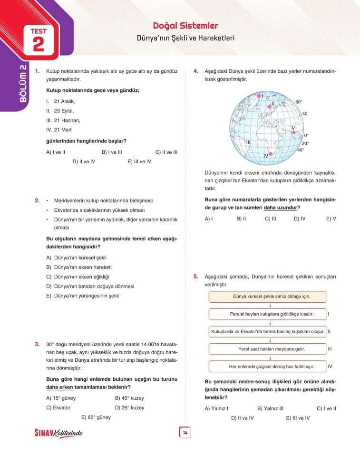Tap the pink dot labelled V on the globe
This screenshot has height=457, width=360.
pyautogui.click(x=294, y=133)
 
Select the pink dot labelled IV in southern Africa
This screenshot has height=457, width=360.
pyautogui.click(x=271, y=154)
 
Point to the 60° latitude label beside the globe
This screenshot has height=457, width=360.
pyautogui.click(x=299, y=102)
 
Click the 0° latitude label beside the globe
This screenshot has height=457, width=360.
pyautogui.click(x=306, y=135)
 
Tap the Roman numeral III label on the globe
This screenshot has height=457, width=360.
pyautogui.click(x=248, y=142)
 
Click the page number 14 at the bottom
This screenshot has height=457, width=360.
pyautogui.click(x=185, y=432)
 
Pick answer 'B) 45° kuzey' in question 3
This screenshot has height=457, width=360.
pyautogui.click(x=129, y=398)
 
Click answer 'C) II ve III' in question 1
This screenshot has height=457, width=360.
pyautogui.click(x=166, y=152)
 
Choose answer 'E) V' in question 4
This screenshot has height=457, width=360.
pyautogui.click(x=331, y=219)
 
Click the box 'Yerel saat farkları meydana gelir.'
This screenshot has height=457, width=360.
pyautogui.click(x=268, y=349)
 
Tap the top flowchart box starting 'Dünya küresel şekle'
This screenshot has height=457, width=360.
pyautogui.click(x=268, y=297)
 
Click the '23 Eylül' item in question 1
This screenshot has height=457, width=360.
pyautogui.click(x=64, y=110)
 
